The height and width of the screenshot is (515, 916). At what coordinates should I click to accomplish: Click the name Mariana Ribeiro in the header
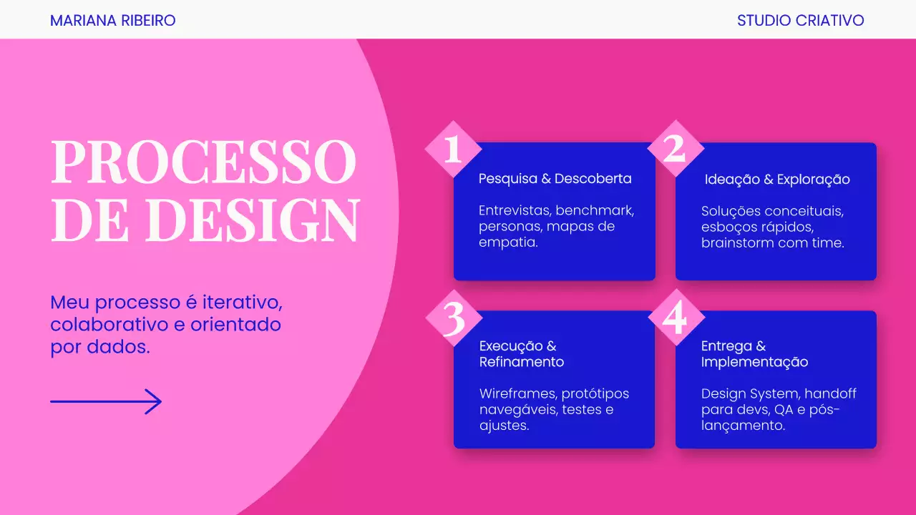112,20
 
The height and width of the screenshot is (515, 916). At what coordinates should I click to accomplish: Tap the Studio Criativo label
800,20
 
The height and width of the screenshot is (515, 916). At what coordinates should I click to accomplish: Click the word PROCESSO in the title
204,162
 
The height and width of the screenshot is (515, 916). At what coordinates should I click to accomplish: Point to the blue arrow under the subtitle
106,402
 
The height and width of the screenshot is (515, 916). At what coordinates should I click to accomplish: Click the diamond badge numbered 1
453,149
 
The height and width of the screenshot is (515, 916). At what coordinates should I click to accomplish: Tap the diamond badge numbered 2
675,149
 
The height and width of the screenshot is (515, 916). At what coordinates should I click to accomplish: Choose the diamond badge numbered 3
454,318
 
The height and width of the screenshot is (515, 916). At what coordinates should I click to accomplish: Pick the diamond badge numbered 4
675,318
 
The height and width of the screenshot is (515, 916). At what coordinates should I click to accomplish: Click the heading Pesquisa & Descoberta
555,179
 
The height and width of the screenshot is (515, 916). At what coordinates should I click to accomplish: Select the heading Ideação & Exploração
777,180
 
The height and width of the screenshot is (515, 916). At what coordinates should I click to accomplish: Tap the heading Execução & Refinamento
522,354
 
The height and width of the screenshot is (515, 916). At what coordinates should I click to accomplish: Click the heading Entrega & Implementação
754,354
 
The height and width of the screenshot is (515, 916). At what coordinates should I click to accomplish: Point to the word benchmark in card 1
595,211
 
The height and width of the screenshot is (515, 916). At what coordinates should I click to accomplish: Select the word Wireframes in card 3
517,394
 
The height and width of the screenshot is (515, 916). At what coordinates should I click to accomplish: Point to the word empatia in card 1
508,243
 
